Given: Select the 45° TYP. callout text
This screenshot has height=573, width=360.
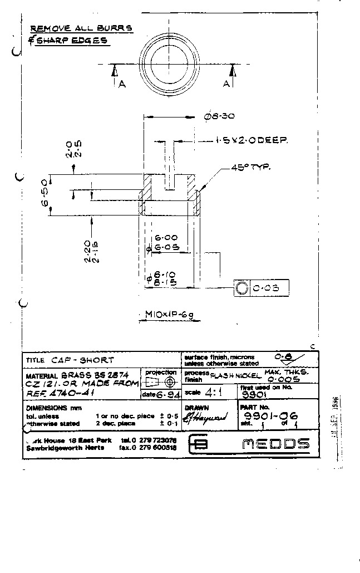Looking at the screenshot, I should tap(250, 168).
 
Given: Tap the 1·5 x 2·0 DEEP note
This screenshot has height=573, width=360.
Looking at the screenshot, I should tap(252, 141).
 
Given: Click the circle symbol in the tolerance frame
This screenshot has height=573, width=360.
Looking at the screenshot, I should tap(241, 288).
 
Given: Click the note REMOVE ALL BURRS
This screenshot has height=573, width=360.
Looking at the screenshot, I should tap(81, 28).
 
